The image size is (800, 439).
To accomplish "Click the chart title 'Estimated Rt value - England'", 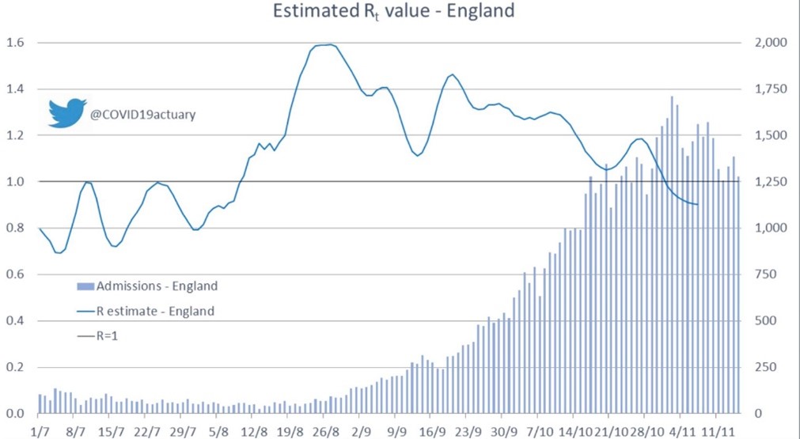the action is coord(392,11).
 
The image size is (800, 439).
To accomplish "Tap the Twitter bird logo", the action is coord(67,112).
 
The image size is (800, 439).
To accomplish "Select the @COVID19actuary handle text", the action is coord(143,115).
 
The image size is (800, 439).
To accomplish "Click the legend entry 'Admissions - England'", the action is coord(147,286).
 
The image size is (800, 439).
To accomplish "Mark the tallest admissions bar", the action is coord(672,255).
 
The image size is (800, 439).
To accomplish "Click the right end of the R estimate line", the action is coord(697,204).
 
